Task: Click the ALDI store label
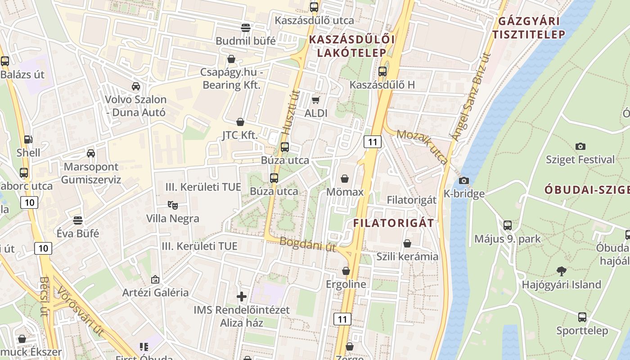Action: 316,113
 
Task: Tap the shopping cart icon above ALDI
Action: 316,100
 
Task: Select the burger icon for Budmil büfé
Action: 245,27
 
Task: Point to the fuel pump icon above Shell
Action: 28,139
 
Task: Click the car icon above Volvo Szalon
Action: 135,86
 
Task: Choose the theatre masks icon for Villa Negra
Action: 172,205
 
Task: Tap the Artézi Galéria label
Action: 156,292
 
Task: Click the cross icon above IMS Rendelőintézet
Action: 242,297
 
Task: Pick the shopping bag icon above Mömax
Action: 345,179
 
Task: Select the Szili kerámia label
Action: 407,256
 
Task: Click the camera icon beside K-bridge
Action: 464,181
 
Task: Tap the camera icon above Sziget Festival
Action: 580,146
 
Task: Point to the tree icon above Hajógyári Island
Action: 561,271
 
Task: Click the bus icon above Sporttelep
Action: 582,317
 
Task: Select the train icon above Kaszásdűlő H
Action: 382,71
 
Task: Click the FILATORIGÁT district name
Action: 394,223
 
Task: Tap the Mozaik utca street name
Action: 423,147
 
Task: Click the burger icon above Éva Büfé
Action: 78,220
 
